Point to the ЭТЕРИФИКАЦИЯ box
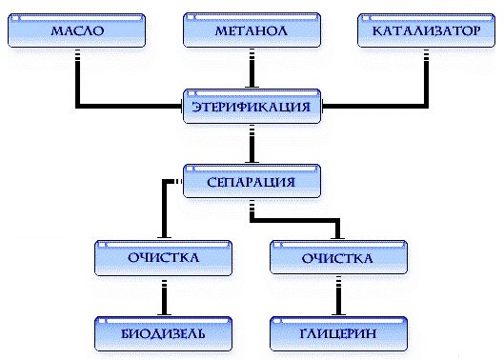tap(252, 107)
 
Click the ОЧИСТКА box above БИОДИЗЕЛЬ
tap(165, 257)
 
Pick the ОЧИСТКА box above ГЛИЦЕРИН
tap(338, 257)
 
